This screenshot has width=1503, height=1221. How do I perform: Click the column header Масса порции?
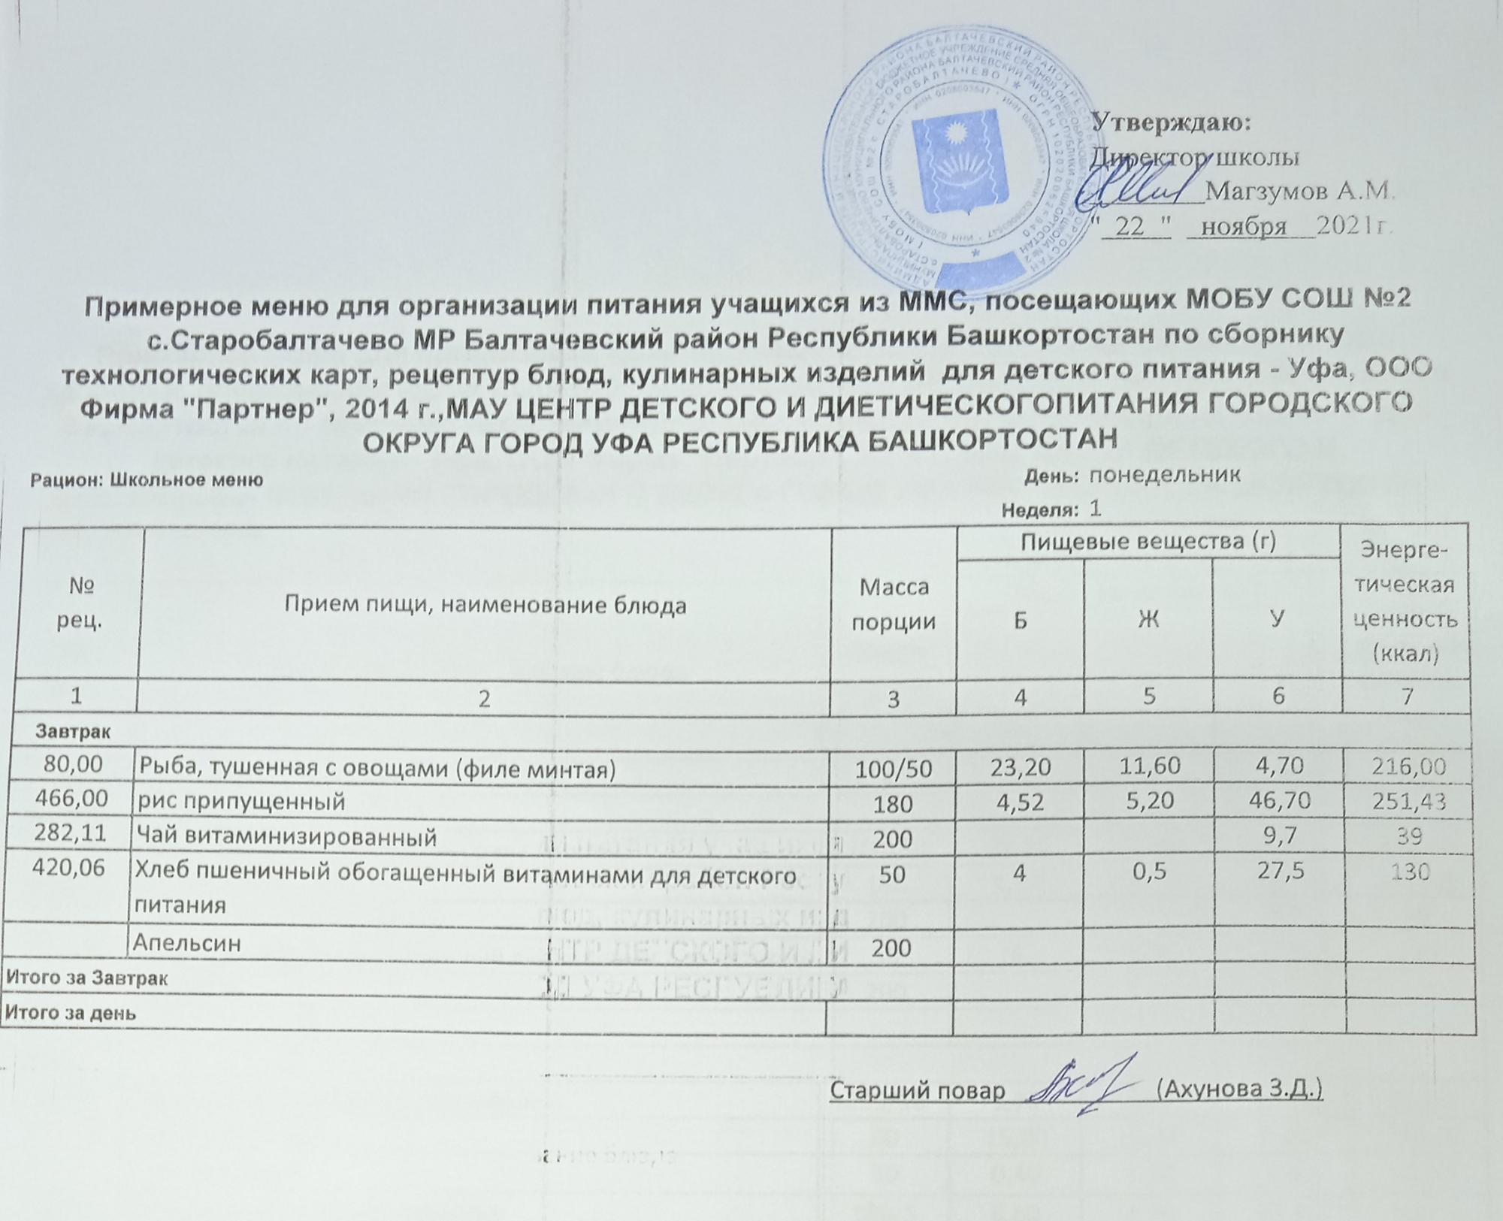893,604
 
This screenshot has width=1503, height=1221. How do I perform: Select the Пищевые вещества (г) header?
1148,542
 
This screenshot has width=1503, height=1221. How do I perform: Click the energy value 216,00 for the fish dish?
1408,767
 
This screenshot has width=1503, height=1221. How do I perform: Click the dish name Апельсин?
187,944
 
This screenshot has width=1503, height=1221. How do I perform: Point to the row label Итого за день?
71,1012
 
